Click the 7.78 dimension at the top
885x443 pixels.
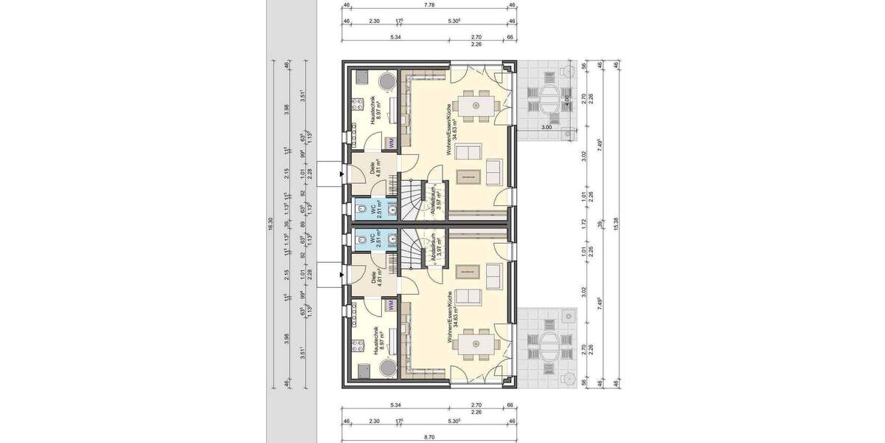click(428, 5)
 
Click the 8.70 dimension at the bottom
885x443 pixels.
click(428, 437)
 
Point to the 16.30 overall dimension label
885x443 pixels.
click(271, 224)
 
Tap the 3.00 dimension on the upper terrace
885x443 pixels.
click(546, 128)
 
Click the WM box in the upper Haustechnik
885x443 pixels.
click(392, 142)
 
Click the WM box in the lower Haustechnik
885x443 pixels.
click(392, 304)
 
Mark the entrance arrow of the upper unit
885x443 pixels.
click(341, 175)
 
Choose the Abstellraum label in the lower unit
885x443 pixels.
click(435, 247)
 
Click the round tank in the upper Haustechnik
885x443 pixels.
click(387, 81)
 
